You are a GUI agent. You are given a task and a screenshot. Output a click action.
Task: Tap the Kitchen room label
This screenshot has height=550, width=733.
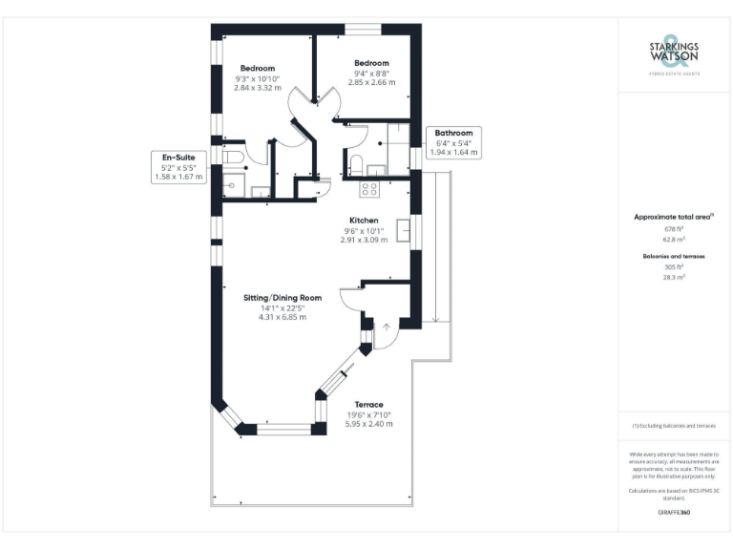click(x=364, y=220)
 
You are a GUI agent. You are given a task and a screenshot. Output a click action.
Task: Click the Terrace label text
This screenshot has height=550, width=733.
click(x=368, y=404)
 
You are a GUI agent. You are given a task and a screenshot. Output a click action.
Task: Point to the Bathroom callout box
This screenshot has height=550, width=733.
click(x=454, y=142)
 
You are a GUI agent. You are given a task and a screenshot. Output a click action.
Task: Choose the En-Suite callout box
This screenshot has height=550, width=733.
click(x=178, y=166)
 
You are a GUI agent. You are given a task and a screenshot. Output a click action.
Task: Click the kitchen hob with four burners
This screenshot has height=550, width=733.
click(x=370, y=188)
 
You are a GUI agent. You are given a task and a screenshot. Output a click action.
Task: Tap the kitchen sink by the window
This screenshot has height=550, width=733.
click(x=403, y=229)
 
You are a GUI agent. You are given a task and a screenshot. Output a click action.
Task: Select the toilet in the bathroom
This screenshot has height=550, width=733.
click(x=355, y=162)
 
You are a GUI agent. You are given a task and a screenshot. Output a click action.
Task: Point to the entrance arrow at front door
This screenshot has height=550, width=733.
click(x=387, y=331)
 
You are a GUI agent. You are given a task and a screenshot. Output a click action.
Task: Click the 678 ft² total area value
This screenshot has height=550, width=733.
click(x=674, y=229)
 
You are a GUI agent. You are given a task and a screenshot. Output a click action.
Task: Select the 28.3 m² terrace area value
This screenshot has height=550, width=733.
click(x=674, y=277)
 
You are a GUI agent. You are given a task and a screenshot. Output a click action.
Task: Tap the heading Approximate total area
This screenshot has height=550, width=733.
click(x=674, y=218)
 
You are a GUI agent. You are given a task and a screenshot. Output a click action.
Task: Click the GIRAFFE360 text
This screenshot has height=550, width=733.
click(x=674, y=513)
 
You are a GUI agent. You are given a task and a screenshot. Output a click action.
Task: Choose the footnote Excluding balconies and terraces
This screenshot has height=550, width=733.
click(x=674, y=425)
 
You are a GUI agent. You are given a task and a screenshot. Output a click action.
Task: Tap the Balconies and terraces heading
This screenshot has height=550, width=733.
click(x=674, y=256)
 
